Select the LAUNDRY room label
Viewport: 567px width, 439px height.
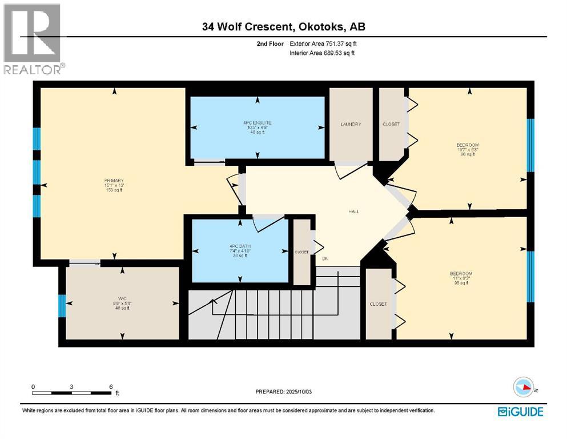pos(351,124)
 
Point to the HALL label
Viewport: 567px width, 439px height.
pos(354,211)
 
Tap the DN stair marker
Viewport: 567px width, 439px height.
pos(325,258)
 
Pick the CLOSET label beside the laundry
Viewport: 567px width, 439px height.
pos(391,124)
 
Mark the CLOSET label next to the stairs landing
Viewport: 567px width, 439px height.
pos(378,304)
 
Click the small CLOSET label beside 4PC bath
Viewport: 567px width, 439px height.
pos(301,252)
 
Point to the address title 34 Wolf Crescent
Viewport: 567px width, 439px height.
pos(283,26)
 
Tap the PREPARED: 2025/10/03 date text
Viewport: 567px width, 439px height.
pos(284,392)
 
